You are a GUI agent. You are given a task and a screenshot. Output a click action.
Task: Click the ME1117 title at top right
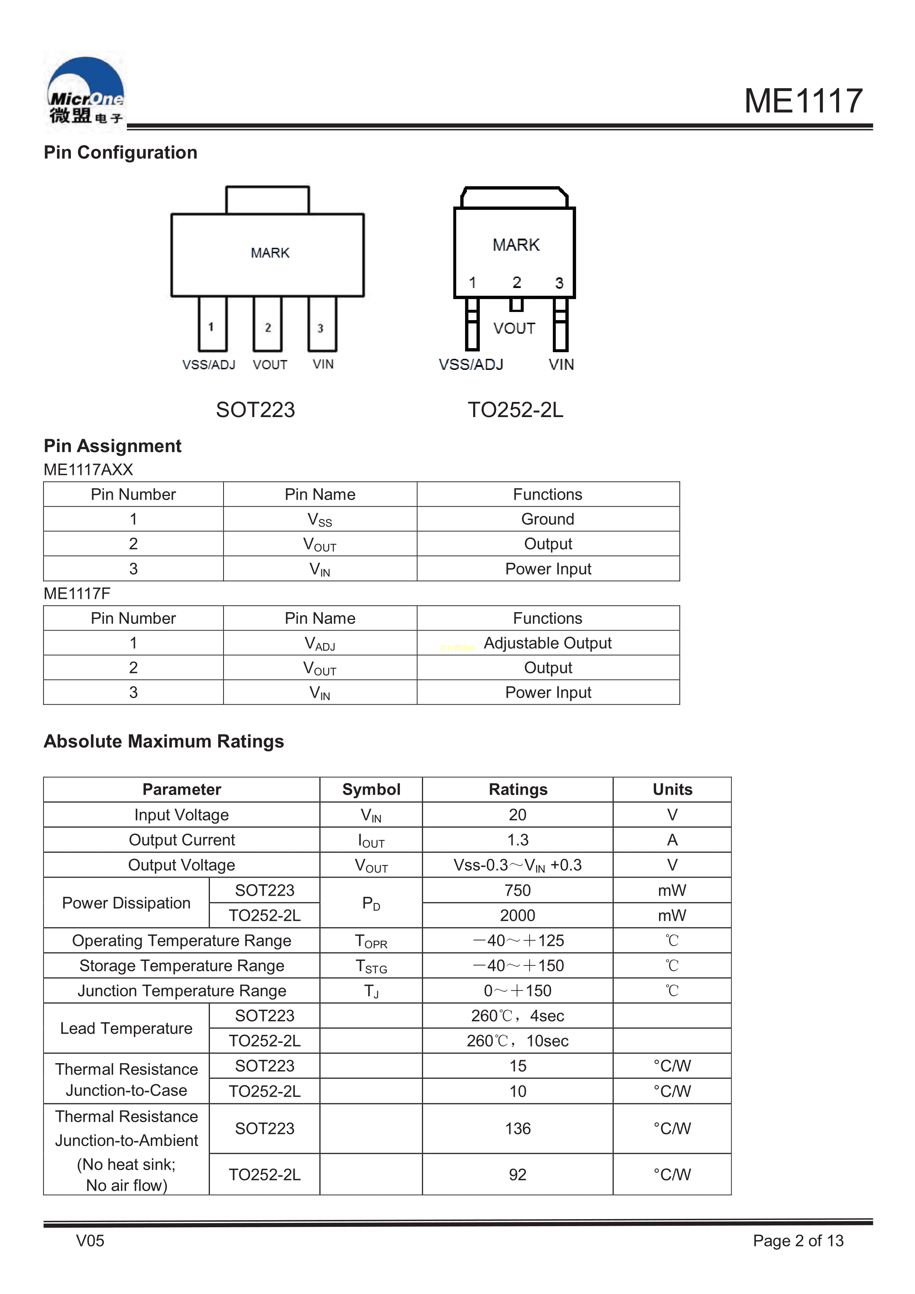[x=803, y=101]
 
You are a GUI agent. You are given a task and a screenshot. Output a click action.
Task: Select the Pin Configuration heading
[x=120, y=153]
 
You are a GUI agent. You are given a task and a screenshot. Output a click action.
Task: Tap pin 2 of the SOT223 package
[x=268, y=325]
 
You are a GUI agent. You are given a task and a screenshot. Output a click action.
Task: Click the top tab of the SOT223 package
[x=267, y=200]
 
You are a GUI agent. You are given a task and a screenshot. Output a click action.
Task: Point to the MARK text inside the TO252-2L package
[x=516, y=245]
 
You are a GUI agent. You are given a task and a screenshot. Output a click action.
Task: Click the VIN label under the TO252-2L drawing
[x=561, y=365]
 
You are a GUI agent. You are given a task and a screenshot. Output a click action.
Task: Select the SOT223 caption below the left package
[x=255, y=410]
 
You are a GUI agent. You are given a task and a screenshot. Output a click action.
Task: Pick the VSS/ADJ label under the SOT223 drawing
[x=209, y=365]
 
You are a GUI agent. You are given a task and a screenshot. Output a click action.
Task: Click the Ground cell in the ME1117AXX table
[x=547, y=519]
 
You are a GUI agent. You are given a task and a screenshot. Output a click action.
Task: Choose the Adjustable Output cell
[x=547, y=643]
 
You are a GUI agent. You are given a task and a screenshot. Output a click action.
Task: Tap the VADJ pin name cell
[x=320, y=643]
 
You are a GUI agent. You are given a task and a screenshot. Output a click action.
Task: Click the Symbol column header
[x=371, y=790]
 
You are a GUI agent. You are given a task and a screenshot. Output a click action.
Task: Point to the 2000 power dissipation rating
[x=517, y=915]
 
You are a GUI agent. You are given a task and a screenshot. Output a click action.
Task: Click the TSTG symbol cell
[x=371, y=966]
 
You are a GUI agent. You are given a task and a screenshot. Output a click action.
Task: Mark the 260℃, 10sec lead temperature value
[x=517, y=1041]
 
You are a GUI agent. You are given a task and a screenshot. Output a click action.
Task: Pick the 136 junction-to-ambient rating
[x=517, y=1128]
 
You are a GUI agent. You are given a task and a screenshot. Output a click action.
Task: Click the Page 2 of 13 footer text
[x=798, y=1241]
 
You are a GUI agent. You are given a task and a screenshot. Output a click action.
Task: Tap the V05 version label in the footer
[x=90, y=1241]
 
